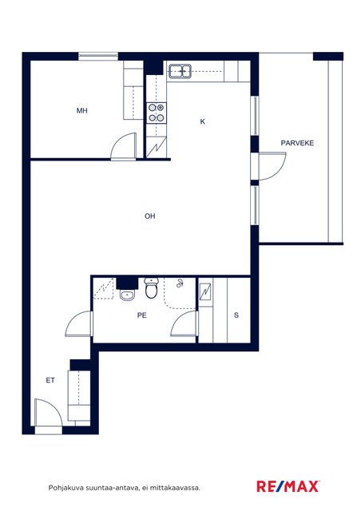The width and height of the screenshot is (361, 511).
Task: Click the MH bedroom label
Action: [81, 111]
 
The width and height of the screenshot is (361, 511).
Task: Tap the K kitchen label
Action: [203, 121]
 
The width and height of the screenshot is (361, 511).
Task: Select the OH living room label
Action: [149, 216]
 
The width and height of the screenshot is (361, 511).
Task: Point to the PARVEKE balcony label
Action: [297, 143]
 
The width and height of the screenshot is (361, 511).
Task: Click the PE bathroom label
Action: [142, 315]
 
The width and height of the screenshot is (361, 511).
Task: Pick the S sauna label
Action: [236, 315]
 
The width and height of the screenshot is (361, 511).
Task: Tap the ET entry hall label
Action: [50, 380]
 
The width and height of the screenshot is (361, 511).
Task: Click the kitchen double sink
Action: [180, 71]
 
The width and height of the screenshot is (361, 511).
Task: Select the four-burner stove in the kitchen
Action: [157, 113]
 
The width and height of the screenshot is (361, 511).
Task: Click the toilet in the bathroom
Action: [151, 288]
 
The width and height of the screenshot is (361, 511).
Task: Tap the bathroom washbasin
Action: [126, 295]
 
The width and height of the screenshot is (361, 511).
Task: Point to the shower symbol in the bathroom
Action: [180, 284]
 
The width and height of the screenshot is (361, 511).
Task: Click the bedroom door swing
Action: [123, 146]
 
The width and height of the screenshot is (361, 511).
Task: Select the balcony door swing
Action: [272, 166]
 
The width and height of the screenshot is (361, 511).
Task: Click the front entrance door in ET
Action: [48, 413]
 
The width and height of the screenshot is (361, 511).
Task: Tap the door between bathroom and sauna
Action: [184, 323]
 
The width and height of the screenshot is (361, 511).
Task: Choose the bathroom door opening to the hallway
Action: [79, 323]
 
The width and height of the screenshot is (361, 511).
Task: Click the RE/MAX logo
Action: [288, 486]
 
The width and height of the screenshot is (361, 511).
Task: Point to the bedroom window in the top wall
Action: [97, 56]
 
